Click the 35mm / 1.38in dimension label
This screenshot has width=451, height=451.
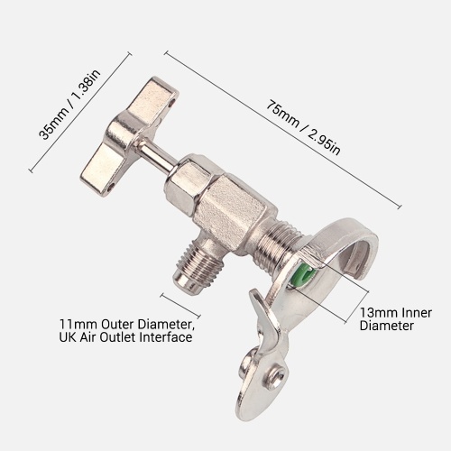click(69, 105)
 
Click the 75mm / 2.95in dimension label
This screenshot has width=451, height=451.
click(304, 129)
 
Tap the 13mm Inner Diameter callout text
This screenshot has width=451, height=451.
click(396, 319)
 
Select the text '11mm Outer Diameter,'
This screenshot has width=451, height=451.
click(127, 325)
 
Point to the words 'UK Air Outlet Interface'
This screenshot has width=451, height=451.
click(125, 337)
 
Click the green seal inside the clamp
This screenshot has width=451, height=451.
click(304, 274)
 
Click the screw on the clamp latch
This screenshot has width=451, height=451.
click(276, 376)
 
